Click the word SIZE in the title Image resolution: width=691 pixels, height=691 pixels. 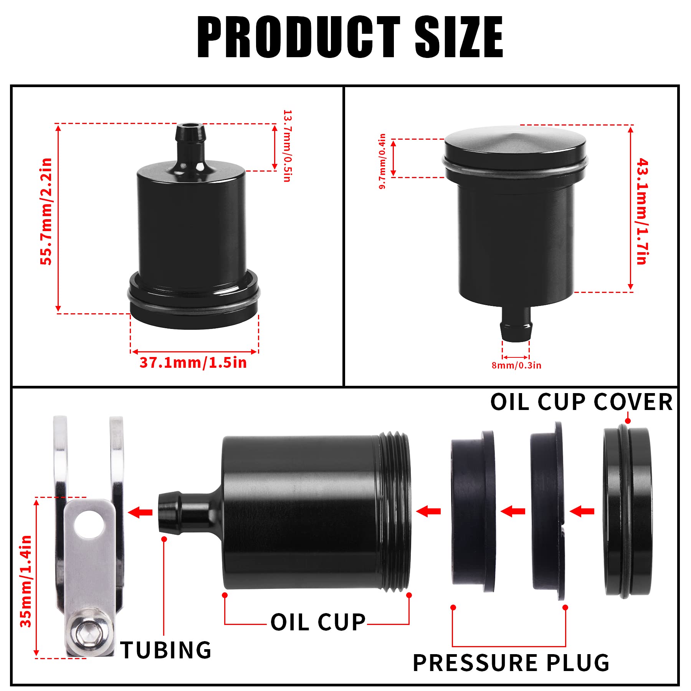coord(459,37)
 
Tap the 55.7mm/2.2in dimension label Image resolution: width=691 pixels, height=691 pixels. coord(46,211)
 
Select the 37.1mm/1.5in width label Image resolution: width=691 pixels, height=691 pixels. coord(193,363)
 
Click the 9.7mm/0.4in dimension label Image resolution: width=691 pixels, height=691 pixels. coord(382,161)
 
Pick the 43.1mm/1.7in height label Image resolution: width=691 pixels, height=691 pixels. coord(642,211)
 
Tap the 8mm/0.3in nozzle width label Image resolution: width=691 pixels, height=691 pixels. coord(516,365)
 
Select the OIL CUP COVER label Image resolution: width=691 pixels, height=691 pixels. coord(581,402)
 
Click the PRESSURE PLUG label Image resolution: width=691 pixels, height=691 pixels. coord(511,663)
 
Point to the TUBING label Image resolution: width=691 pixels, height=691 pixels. coord(166,650)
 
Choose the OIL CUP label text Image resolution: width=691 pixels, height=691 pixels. coord(318,622)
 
